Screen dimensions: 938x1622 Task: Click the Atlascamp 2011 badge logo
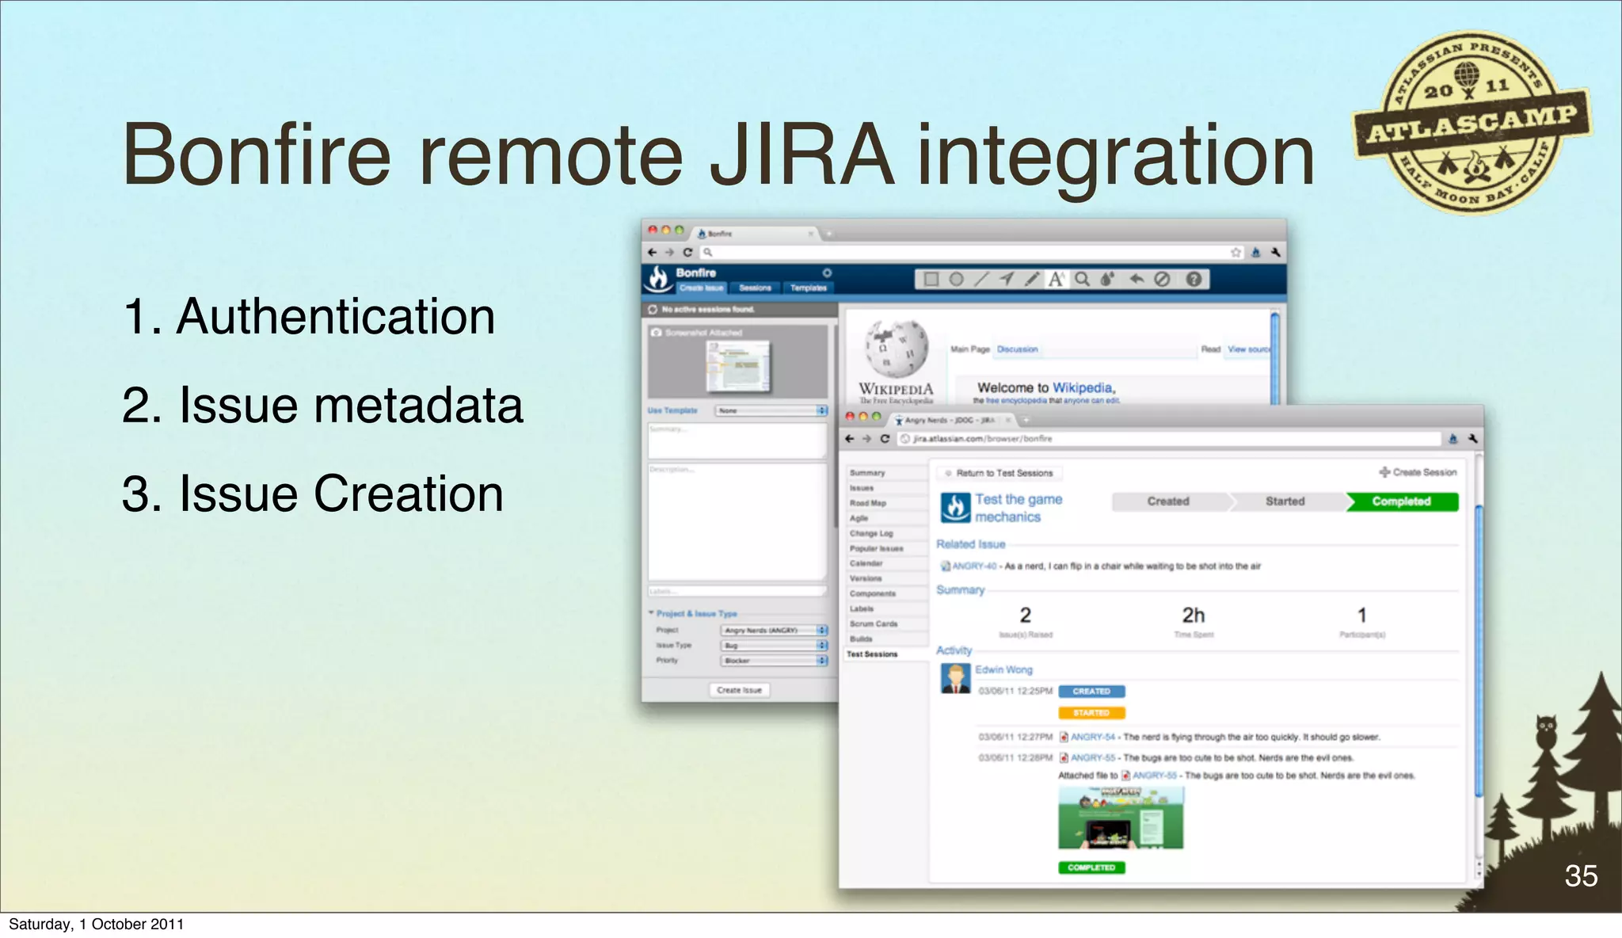pyautogui.click(x=1472, y=123)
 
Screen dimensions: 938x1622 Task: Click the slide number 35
pyautogui.click(x=1580, y=876)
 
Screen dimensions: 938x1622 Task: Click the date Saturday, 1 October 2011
pyautogui.click(x=96, y=925)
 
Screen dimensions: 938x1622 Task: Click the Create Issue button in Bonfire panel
pyautogui.click(x=739, y=690)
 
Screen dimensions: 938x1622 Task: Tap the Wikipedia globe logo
pyautogui.click(x=896, y=349)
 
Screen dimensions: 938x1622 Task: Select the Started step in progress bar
pyautogui.click(x=1285, y=501)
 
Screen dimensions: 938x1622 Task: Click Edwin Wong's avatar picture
pyautogui.click(x=955, y=679)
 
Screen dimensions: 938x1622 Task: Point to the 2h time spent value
pyautogui.click(x=1193, y=616)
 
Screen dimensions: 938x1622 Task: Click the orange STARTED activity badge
pyautogui.click(x=1091, y=713)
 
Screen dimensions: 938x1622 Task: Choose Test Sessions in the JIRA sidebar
pyautogui.click(x=872, y=654)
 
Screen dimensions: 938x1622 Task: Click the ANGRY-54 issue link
pyautogui.click(x=1092, y=738)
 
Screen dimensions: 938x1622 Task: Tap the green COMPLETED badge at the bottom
pyautogui.click(x=1091, y=867)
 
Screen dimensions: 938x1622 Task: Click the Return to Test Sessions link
pyautogui.click(x=1003, y=473)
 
